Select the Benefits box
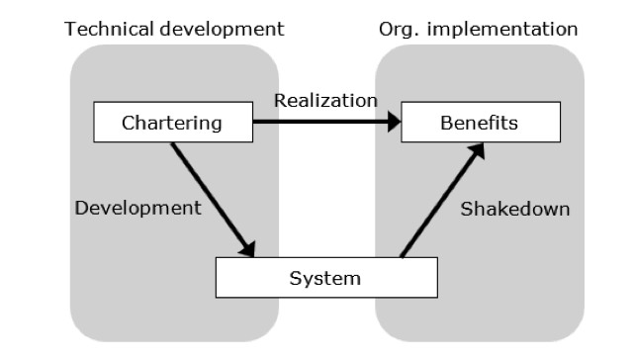pos(479,124)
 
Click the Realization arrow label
pos(325,100)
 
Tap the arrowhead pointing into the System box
pos(248,250)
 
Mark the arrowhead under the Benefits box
pos(480,149)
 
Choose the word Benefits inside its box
pos(479,124)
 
